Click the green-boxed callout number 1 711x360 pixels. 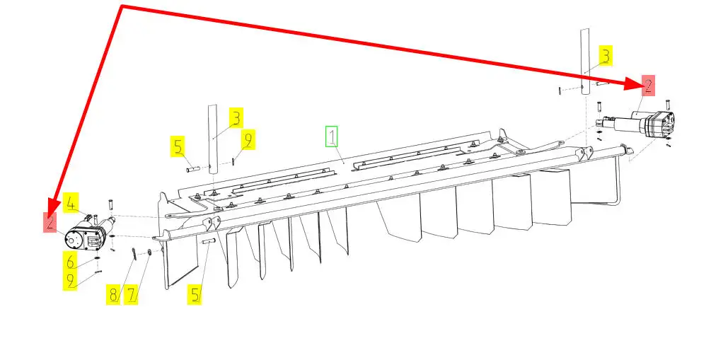[332, 137]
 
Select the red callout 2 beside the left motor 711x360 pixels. [50, 222]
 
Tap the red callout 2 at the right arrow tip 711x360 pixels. [648, 86]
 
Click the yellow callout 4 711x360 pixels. [71, 204]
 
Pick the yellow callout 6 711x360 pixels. [70, 261]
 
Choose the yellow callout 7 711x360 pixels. [131, 295]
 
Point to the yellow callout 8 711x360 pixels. [113, 295]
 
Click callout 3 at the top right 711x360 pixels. [606, 56]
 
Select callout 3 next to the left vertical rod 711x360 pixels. [236, 118]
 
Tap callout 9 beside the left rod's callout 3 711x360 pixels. [248, 139]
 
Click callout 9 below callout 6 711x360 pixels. [70, 280]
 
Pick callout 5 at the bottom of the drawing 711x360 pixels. [195, 295]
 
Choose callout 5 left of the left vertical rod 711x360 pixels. [178, 146]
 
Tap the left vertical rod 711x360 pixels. [212, 139]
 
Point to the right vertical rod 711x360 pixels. [585, 62]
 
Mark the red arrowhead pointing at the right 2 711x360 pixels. [633, 83]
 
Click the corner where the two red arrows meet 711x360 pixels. [122, 6]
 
